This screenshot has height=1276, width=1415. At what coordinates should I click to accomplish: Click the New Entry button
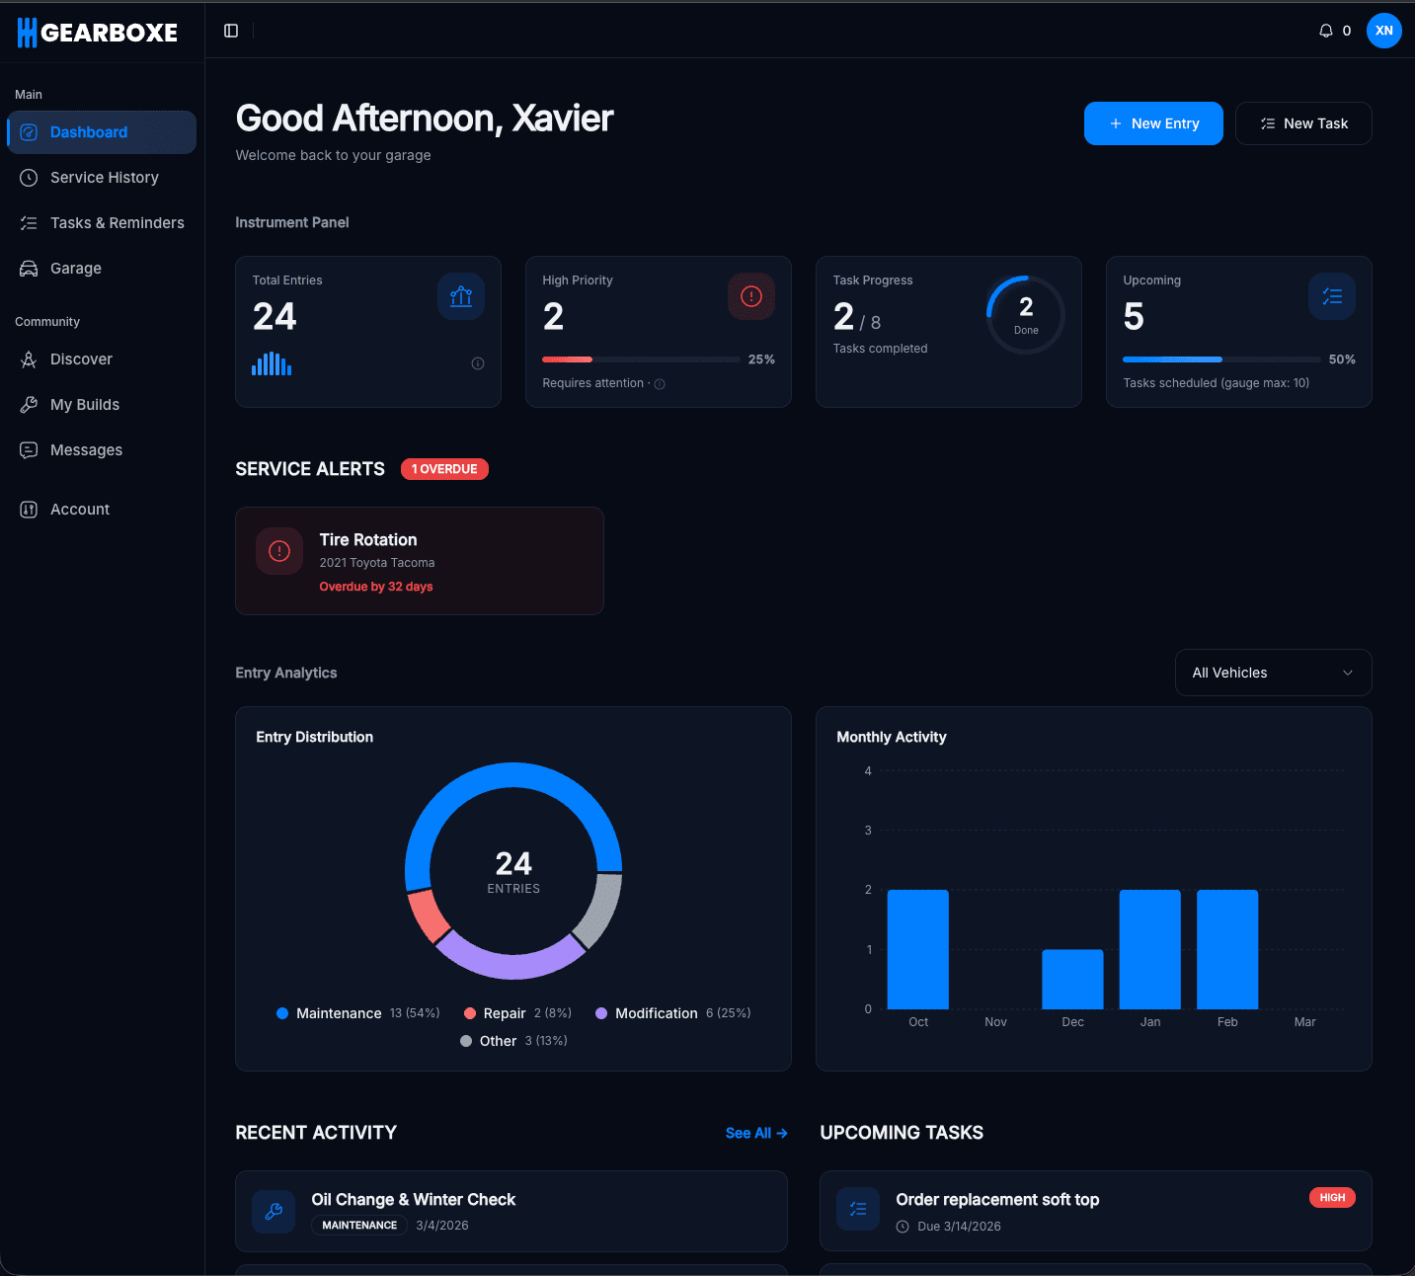pyautogui.click(x=1153, y=123)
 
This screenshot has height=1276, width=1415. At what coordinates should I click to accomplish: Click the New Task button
pyautogui.click(x=1303, y=123)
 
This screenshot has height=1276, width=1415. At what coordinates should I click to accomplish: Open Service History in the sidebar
pyautogui.click(x=104, y=178)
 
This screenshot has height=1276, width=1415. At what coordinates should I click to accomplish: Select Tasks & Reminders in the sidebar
pyautogui.click(x=117, y=223)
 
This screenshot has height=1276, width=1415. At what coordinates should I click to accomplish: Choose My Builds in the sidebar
pyautogui.click(x=84, y=405)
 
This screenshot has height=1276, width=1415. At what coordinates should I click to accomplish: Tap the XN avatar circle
pyautogui.click(x=1383, y=31)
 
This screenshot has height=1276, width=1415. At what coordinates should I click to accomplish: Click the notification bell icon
pyautogui.click(x=1325, y=31)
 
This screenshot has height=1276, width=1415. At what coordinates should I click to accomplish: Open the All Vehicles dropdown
pyautogui.click(x=1273, y=673)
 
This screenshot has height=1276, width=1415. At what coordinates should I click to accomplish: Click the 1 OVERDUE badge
pyautogui.click(x=444, y=469)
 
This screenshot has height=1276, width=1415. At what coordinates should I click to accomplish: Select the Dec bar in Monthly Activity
pyautogui.click(x=1072, y=979)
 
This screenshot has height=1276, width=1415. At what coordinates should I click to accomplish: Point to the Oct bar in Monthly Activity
pyautogui.click(x=917, y=949)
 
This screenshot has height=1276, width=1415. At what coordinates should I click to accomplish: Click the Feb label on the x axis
pyautogui.click(x=1227, y=1022)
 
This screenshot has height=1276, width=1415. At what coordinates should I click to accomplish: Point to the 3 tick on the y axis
pyautogui.click(x=868, y=831)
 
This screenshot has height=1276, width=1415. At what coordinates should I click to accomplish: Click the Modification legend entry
pyautogui.click(x=656, y=1013)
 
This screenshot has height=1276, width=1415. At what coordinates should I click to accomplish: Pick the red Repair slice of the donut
pyautogui.click(x=428, y=915)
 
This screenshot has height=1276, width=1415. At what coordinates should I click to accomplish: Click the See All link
pyautogui.click(x=755, y=1133)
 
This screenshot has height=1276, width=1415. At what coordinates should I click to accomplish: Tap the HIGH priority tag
pyautogui.click(x=1332, y=1198)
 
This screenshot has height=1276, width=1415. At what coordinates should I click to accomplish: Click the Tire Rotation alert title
pyautogui.click(x=368, y=540)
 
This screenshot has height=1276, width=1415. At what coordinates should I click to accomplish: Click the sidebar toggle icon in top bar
pyautogui.click(x=231, y=31)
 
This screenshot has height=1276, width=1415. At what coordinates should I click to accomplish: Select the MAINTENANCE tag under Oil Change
pyautogui.click(x=359, y=1226)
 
